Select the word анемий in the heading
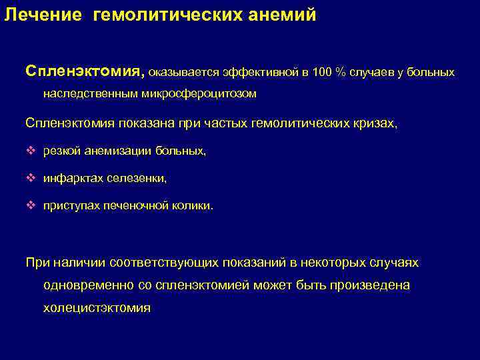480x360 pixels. coord(287,15)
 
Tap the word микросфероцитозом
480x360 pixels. coord(199,94)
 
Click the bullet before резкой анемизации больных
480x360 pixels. coord(29,151)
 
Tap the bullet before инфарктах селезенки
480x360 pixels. coord(29,179)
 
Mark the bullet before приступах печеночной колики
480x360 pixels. coord(29,206)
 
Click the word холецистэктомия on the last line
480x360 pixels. coord(97,308)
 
